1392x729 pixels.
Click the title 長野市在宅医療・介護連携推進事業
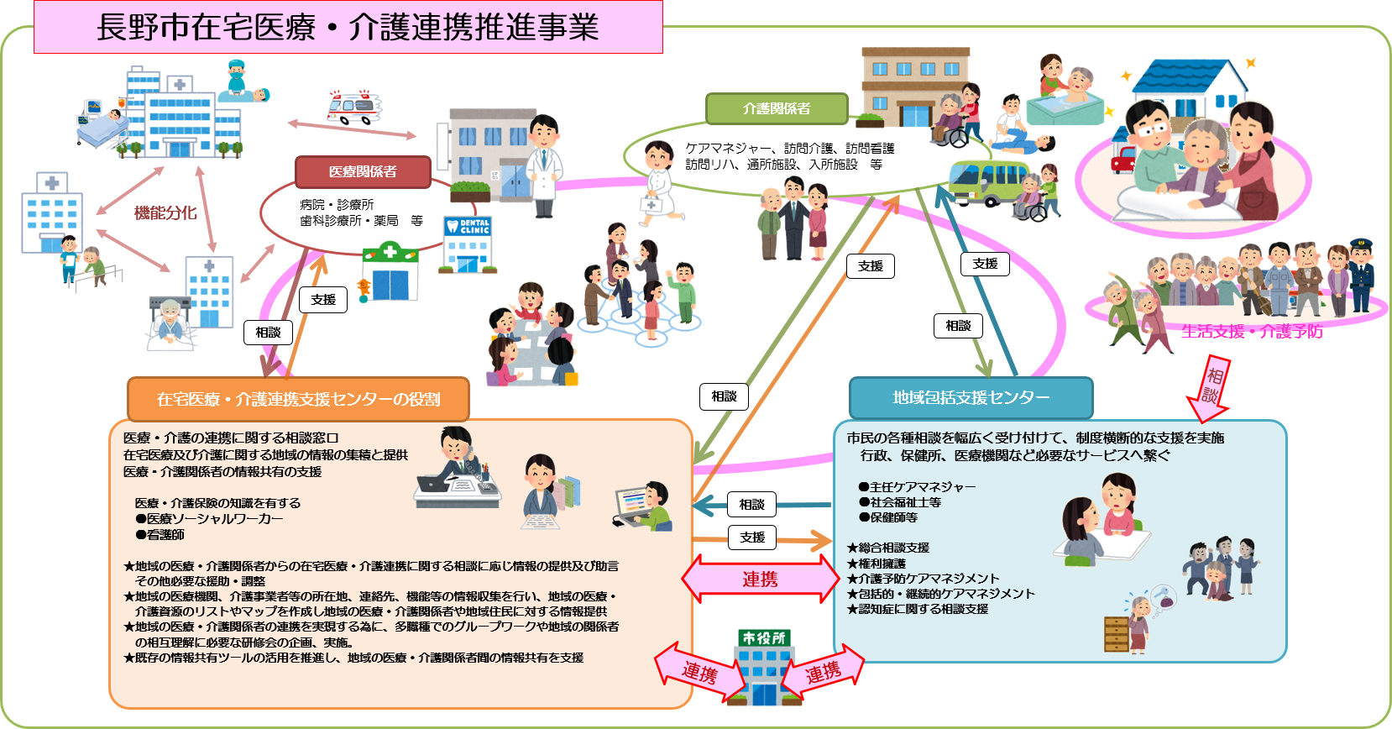point(348,27)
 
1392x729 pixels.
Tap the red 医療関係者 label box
point(363,171)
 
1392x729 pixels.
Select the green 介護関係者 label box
point(777,108)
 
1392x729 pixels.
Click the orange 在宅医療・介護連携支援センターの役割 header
point(298,399)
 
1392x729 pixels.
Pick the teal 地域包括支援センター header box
point(971,397)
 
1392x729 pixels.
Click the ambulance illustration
point(353,108)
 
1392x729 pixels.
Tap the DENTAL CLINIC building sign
point(474,227)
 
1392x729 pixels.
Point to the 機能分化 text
point(165,213)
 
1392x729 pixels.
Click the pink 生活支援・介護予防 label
point(1252,332)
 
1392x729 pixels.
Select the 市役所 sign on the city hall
point(764,638)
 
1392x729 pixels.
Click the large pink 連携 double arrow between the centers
point(760,580)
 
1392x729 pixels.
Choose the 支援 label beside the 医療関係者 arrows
point(323,300)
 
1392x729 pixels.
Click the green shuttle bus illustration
point(986,182)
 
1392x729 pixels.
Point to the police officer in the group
point(1360,273)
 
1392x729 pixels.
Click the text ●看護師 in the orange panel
point(160,534)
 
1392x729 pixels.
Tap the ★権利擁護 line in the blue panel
point(877,563)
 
